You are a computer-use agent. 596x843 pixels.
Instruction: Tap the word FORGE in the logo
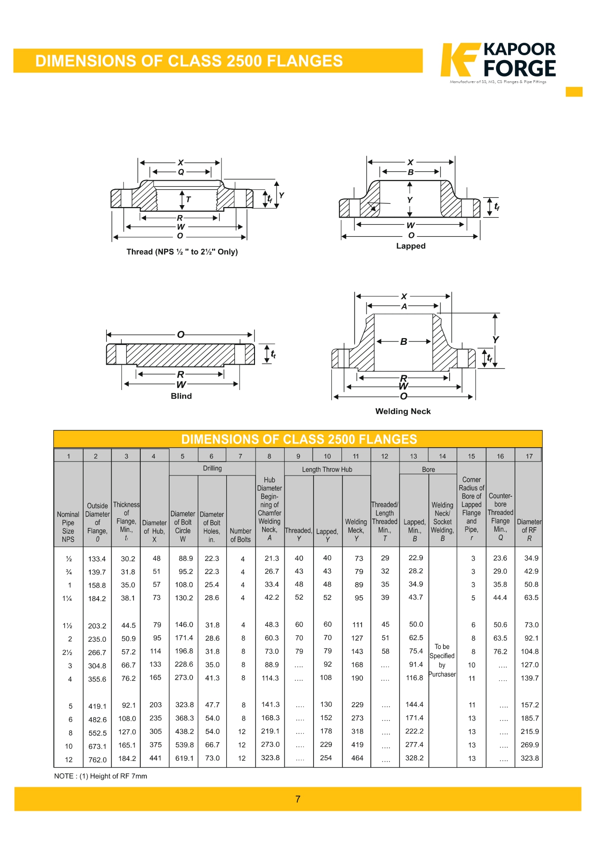tap(520, 69)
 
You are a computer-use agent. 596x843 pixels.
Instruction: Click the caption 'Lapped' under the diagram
tap(411, 246)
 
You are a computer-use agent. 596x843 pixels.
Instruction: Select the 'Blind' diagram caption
tap(181, 396)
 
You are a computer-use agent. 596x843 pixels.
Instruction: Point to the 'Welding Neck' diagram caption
tap(403, 411)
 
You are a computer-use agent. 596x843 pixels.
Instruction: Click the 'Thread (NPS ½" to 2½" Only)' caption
tap(182, 252)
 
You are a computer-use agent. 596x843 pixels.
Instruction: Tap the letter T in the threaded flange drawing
tap(188, 199)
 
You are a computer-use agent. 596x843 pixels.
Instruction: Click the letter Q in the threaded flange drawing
tap(181, 172)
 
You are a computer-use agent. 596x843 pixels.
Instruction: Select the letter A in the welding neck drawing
tap(404, 306)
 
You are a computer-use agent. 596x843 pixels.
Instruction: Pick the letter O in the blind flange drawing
tap(181, 334)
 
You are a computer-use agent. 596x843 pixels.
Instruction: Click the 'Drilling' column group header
tap(212, 468)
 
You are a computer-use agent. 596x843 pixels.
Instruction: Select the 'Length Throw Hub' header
tap(327, 469)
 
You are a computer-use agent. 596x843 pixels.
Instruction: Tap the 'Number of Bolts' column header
tap(241, 535)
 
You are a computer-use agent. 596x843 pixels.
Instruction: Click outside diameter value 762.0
tap(97, 759)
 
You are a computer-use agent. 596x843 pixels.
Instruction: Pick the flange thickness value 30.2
tap(128, 559)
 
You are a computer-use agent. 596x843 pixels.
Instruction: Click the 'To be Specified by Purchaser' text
tap(442, 660)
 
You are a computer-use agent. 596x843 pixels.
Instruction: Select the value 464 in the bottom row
tap(357, 758)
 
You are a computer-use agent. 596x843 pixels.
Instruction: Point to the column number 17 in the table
tap(529, 456)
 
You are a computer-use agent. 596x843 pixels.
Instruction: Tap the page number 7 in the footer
tap(298, 799)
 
